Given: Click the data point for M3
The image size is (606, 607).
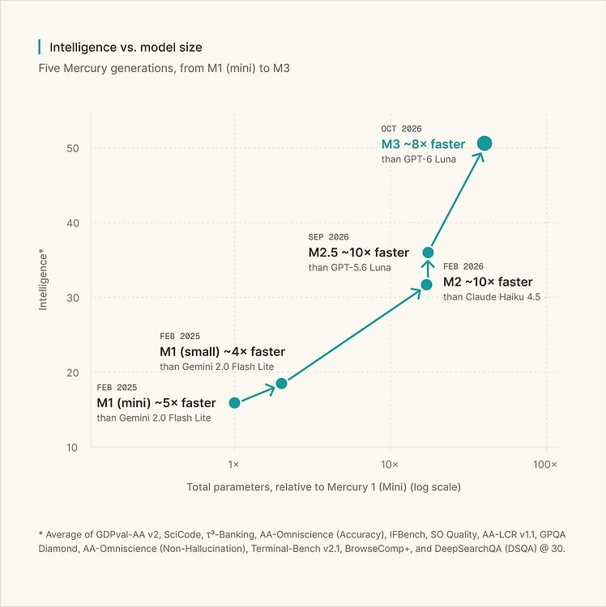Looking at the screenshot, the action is click(484, 143).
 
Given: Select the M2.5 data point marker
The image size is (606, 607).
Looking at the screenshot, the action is click(428, 253).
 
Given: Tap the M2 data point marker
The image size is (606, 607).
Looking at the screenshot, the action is click(427, 285).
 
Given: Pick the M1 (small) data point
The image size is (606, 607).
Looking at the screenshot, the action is click(281, 384).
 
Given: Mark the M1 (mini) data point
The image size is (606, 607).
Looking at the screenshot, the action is click(234, 403).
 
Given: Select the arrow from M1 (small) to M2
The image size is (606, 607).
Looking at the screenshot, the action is click(355, 334).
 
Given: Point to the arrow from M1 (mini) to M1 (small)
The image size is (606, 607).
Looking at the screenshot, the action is click(258, 393).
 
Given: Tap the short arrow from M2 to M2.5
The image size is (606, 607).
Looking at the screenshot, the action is click(428, 269).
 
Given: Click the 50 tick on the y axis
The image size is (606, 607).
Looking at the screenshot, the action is click(72, 148).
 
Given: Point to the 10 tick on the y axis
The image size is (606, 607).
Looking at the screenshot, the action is click(72, 448).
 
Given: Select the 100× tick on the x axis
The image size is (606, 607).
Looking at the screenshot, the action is click(544, 465).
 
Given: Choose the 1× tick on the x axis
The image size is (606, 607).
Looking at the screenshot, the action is click(233, 465).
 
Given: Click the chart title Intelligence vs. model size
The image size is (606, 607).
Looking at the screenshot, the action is click(126, 47).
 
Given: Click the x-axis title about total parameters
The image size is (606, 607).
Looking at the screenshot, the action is click(323, 487).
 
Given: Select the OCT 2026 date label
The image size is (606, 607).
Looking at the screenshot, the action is click(401, 129).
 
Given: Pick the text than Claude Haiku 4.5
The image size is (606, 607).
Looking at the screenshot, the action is click(492, 297).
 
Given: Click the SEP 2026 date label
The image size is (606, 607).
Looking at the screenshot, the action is click(329, 237).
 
